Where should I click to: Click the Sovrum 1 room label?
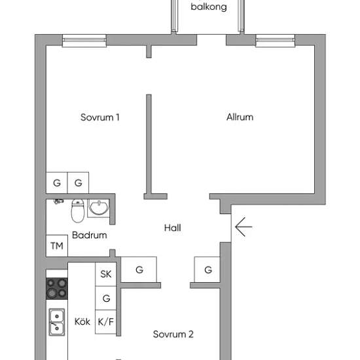click(100, 117)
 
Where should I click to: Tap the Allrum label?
click(240, 117)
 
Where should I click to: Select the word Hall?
click(172, 228)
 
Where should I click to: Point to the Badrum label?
click(89, 235)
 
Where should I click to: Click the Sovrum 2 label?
click(173, 334)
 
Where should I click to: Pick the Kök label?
click(82, 321)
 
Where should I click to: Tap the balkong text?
click(209, 7)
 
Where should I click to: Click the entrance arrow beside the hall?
click(243, 227)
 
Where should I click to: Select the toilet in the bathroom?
click(78, 211)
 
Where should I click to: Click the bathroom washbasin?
click(99, 208)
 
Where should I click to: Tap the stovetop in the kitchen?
click(57, 289)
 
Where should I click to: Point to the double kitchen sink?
click(57, 322)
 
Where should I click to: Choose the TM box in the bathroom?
click(57, 245)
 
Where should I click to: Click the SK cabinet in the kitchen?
click(106, 274)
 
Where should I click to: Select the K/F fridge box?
click(106, 321)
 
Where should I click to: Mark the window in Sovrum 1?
click(84, 41)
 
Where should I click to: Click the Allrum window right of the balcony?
click(276, 41)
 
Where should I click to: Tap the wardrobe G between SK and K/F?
click(106, 298)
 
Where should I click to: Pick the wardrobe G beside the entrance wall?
click(207, 270)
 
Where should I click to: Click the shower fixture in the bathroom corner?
click(58, 202)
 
